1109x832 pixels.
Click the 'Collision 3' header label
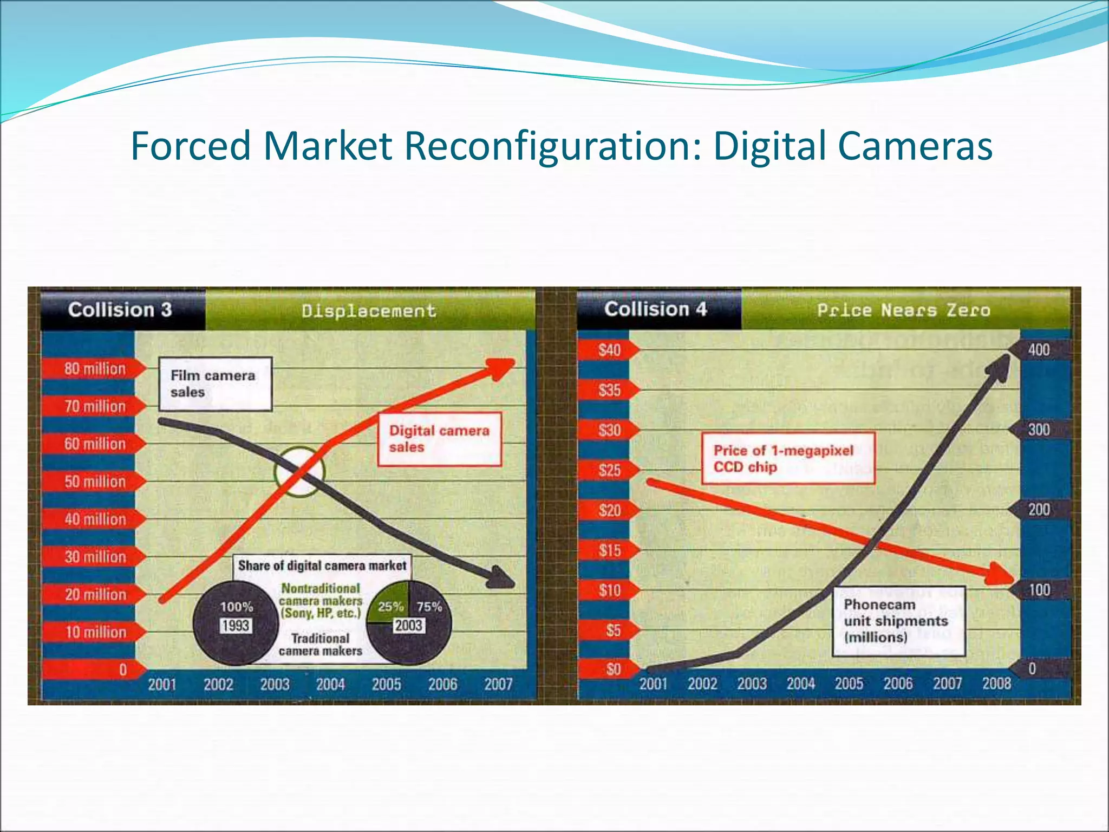click(x=120, y=310)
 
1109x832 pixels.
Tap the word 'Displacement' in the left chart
click(x=369, y=311)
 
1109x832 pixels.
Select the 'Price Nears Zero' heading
click(x=904, y=310)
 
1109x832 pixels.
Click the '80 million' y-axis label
click(x=95, y=369)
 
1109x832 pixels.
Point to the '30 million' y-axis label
click(x=95, y=557)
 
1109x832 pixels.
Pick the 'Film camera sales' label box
click(x=215, y=383)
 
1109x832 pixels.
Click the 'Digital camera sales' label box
click(x=439, y=439)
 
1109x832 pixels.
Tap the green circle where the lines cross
click(x=299, y=471)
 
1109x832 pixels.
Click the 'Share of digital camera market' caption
click(x=322, y=565)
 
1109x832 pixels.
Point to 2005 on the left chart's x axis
click(x=387, y=685)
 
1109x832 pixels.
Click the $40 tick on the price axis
click(x=609, y=350)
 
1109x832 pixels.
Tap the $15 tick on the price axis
click(x=610, y=550)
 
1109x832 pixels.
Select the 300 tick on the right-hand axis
click(x=1039, y=430)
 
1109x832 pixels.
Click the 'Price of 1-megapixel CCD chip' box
click(x=788, y=458)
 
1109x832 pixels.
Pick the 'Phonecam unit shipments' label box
click(x=898, y=621)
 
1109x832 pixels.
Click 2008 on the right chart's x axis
click(x=997, y=684)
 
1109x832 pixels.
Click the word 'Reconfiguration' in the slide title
click(x=552, y=146)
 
